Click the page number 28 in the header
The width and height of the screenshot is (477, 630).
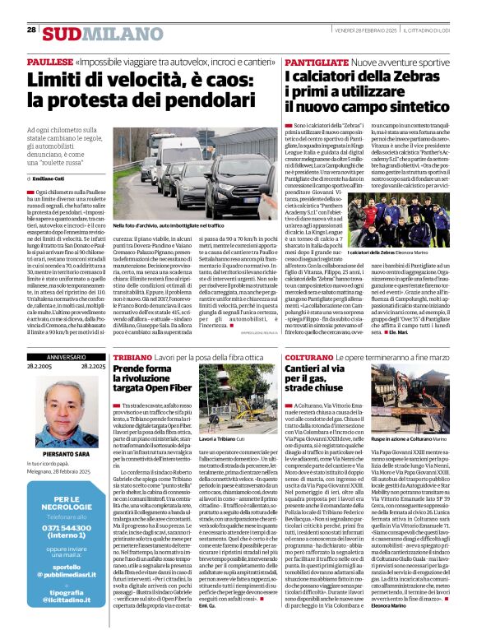point(31,29)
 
